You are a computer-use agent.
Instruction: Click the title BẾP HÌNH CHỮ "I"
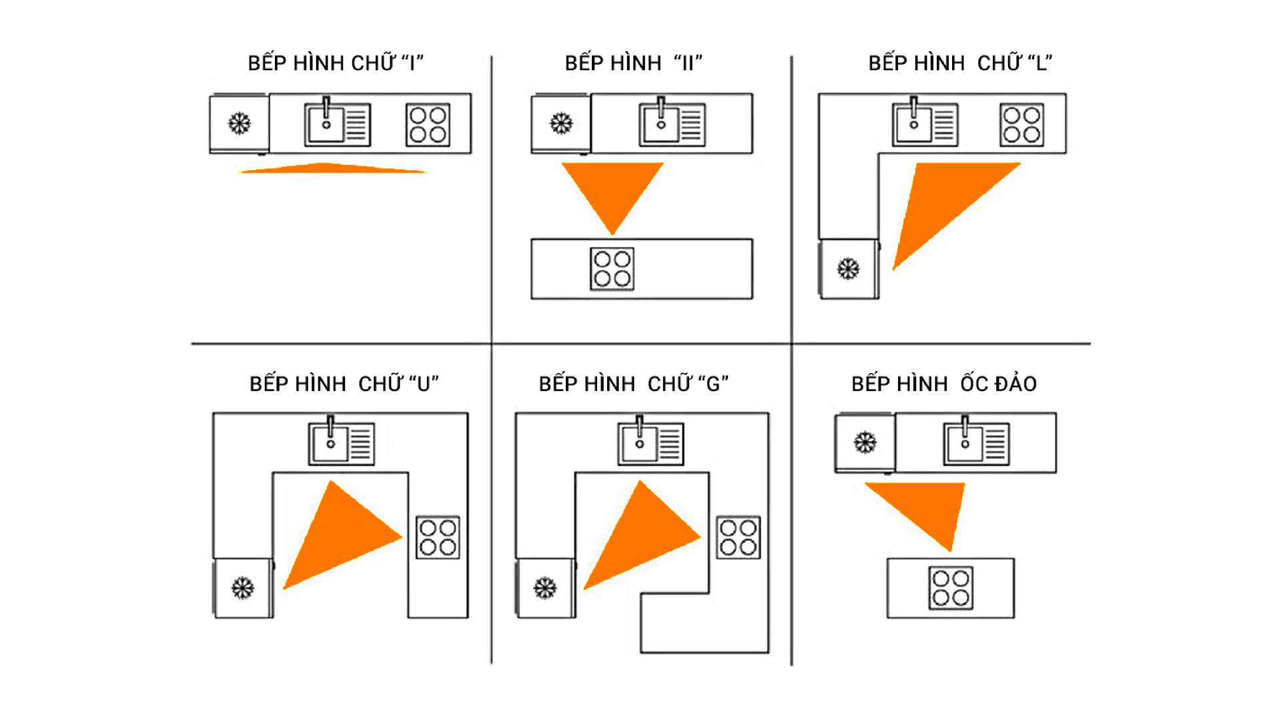pyautogui.click(x=336, y=63)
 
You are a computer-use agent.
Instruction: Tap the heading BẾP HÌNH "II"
pyautogui.click(x=633, y=63)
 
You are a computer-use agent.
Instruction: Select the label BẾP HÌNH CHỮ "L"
pyautogui.click(x=960, y=63)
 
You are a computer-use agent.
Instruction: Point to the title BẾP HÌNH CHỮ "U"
pyautogui.click(x=344, y=384)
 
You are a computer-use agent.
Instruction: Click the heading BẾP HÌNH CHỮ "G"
pyautogui.click(x=633, y=384)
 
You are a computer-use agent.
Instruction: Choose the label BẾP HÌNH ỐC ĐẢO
pyautogui.click(x=943, y=384)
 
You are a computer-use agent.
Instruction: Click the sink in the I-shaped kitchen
pyautogui.click(x=337, y=124)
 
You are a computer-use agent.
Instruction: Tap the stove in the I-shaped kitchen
pyautogui.click(x=428, y=125)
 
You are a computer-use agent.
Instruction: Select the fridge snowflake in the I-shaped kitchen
pyautogui.click(x=240, y=124)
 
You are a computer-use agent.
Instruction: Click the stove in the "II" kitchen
pyautogui.click(x=612, y=269)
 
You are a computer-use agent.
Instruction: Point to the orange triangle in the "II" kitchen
pyautogui.click(x=612, y=190)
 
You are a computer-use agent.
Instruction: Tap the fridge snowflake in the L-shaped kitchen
pyautogui.click(x=848, y=269)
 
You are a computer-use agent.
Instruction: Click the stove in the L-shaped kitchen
pyautogui.click(x=1021, y=125)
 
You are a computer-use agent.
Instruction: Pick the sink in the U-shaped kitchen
pyautogui.click(x=341, y=443)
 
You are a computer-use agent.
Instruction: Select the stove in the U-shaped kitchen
pyautogui.click(x=438, y=537)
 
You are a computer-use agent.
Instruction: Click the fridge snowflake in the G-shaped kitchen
pyautogui.click(x=545, y=588)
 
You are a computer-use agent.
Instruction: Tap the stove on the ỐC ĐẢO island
pyautogui.click(x=951, y=588)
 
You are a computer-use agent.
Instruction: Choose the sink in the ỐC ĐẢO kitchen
pyautogui.click(x=976, y=443)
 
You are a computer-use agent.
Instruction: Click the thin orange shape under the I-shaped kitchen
pyautogui.click(x=332, y=168)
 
